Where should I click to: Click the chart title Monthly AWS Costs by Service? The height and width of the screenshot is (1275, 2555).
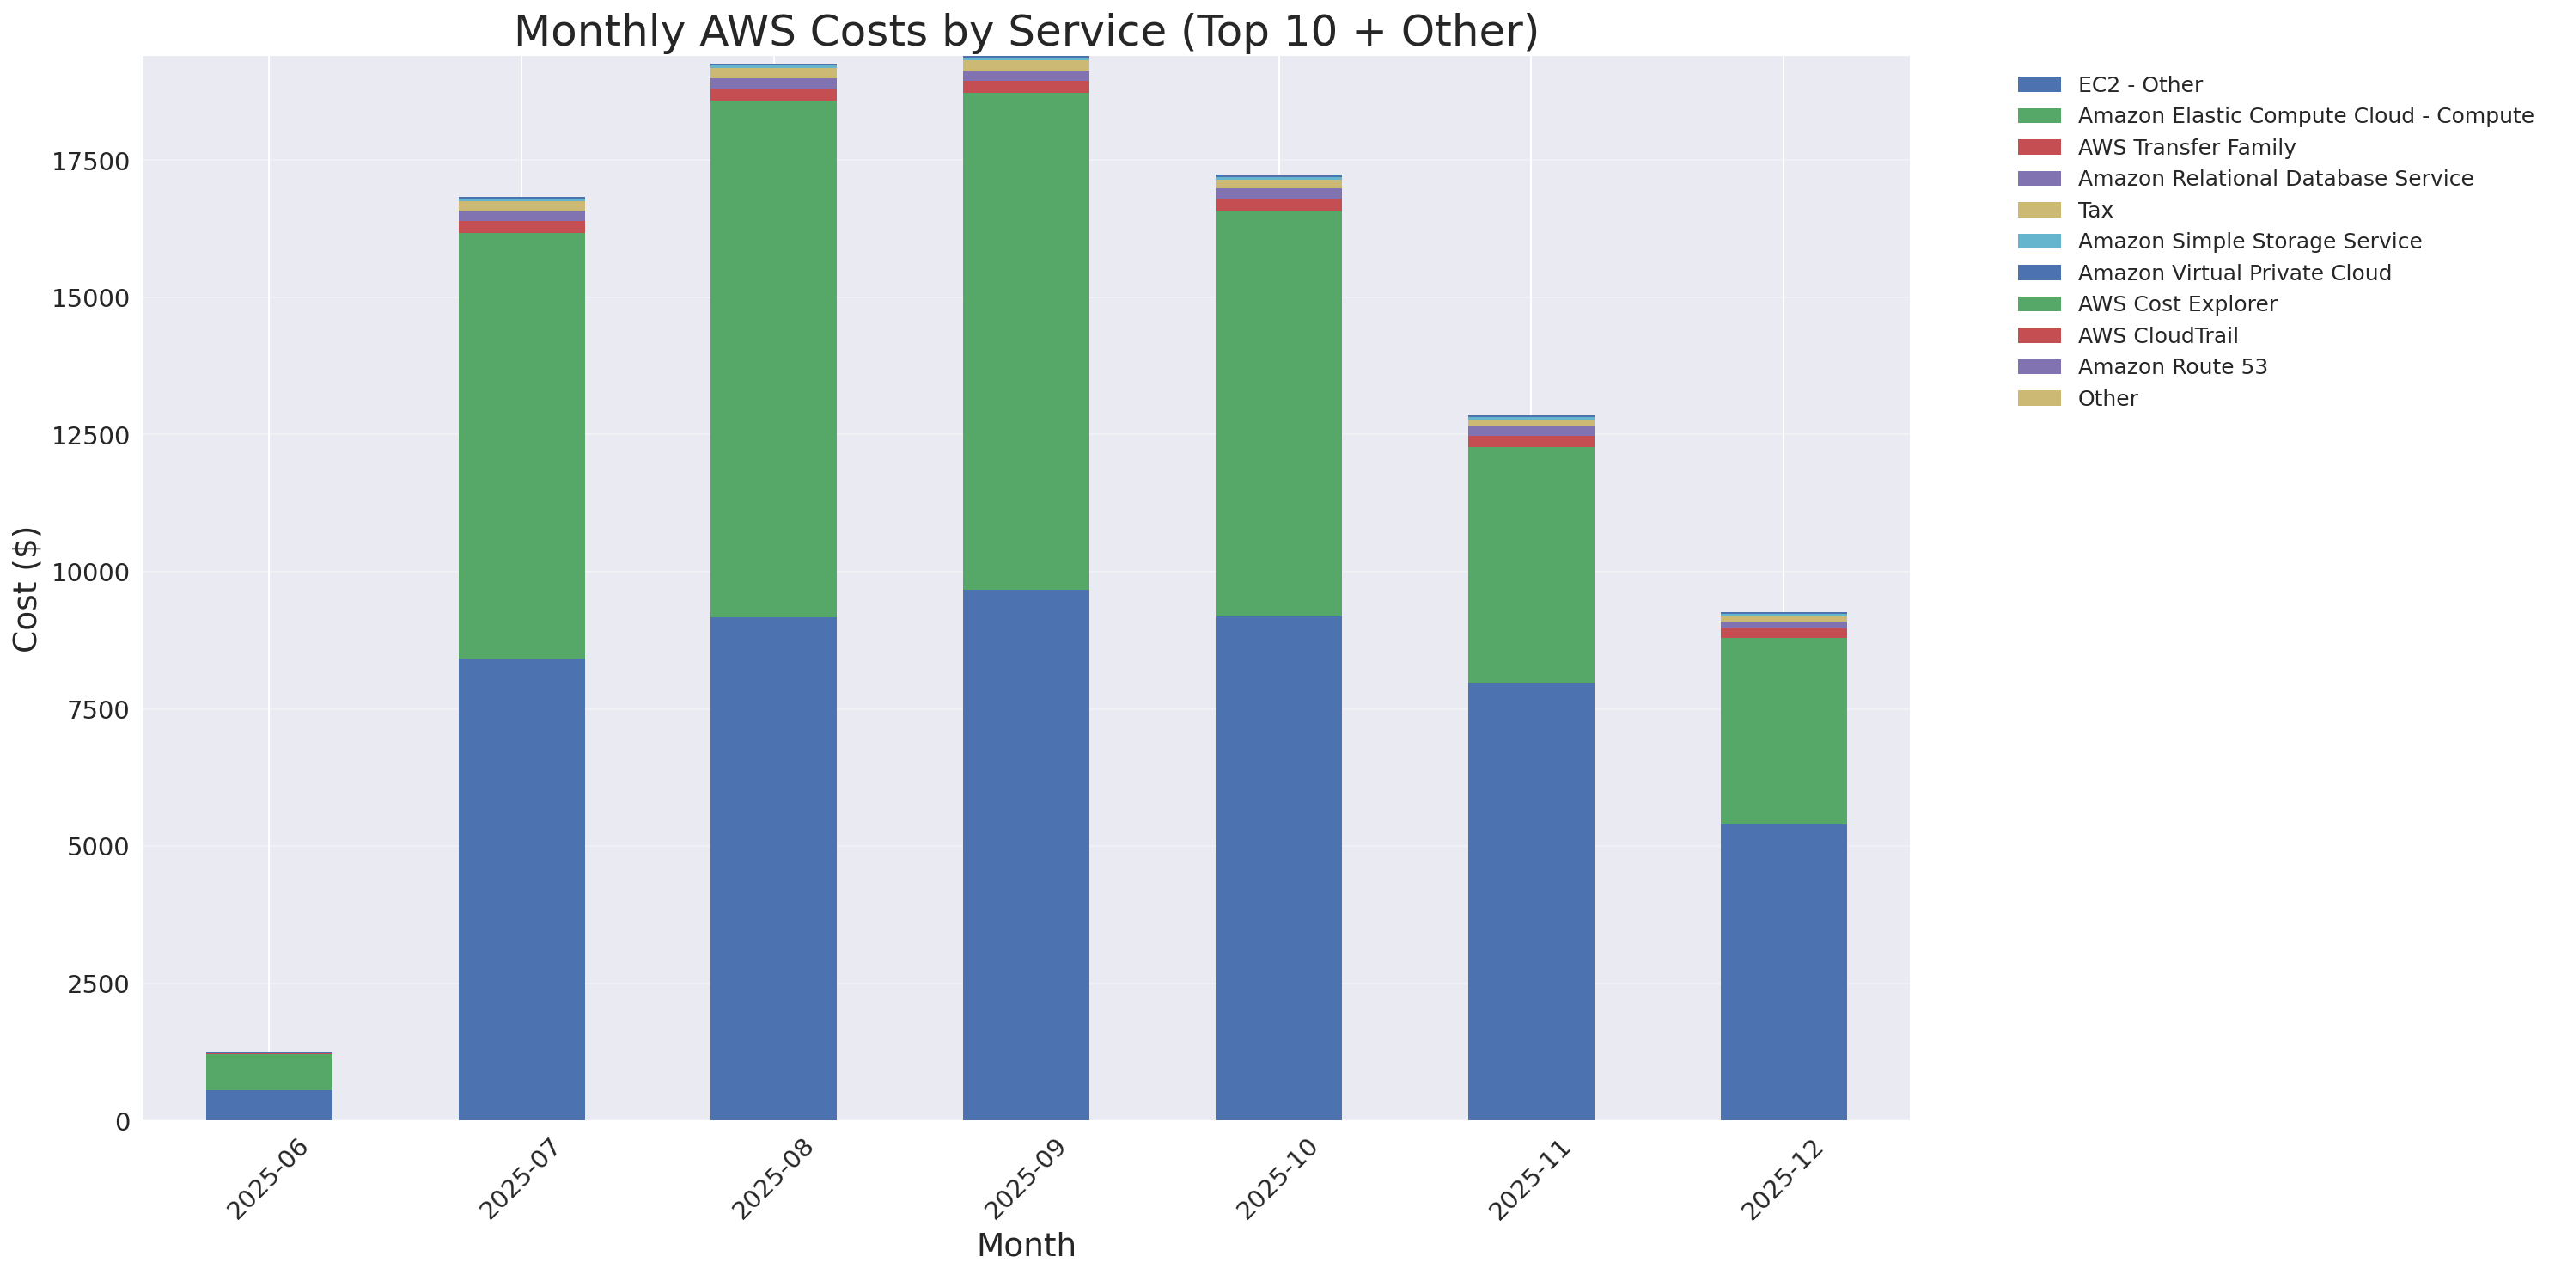coord(1026,31)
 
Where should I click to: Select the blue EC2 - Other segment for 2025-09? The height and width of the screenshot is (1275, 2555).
coord(1026,855)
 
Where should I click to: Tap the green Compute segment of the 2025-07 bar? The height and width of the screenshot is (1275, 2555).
coord(521,445)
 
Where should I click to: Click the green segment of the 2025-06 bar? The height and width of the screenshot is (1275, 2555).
coord(269,1071)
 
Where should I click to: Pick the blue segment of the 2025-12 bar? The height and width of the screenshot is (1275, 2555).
coord(1784,972)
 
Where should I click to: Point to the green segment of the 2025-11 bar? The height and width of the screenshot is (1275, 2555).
coord(1530,565)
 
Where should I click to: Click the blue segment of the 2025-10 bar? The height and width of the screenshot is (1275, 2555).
coord(1278,868)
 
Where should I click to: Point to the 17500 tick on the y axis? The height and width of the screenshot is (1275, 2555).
coord(90,162)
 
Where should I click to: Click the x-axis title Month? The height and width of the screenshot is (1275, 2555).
coord(1026,1244)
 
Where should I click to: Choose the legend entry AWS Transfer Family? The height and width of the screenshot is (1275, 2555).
coord(2186,148)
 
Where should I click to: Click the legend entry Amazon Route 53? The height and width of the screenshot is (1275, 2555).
coord(2172,367)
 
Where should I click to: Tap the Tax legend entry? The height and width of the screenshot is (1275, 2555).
coord(2095,211)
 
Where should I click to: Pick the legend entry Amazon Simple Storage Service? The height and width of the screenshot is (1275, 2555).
coord(2248,241)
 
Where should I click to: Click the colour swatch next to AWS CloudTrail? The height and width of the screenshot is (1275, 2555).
coord(2040,335)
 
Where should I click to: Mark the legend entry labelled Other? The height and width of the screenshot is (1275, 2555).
coord(2107,399)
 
